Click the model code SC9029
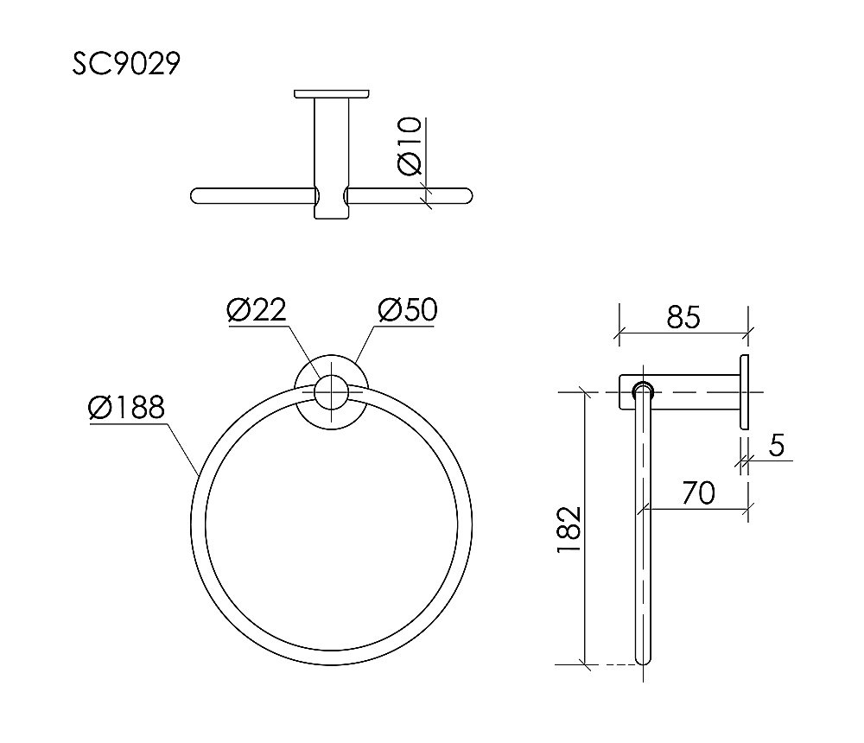tap(125, 64)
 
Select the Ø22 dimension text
tap(257, 309)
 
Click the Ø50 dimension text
tap(407, 309)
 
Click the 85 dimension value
tap(683, 317)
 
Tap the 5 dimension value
tap(775, 446)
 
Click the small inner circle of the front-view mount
tap(331, 391)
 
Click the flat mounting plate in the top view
tap(332, 93)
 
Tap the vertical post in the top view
tap(332, 156)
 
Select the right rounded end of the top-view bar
tap(467, 195)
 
